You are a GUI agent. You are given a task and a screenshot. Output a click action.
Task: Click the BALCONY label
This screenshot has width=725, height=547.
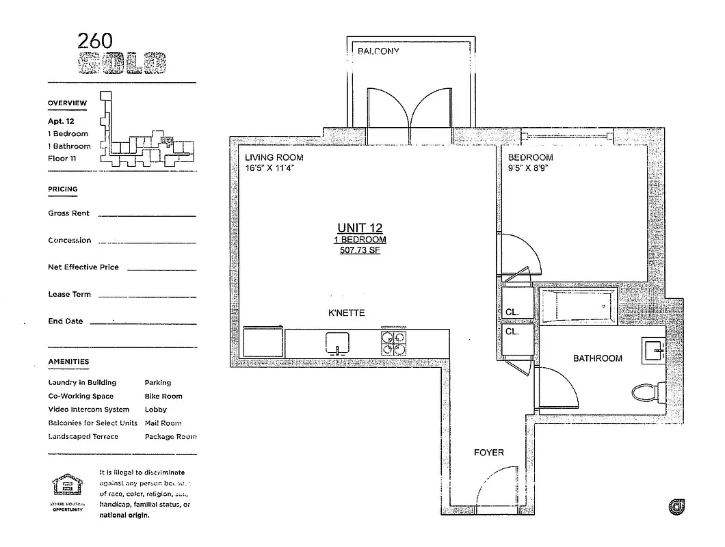click(378, 51)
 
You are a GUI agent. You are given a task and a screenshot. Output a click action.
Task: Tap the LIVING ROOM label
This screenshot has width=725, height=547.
click(274, 157)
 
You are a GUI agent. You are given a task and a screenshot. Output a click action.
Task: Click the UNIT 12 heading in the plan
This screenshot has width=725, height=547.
click(360, 228)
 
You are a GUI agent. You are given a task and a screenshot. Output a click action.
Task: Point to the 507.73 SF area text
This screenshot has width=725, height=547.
click(360, 251)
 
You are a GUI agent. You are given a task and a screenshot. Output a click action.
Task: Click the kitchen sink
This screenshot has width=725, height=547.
click(338, 343)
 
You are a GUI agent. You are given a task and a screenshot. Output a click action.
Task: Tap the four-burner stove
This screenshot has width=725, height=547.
click(393, 343)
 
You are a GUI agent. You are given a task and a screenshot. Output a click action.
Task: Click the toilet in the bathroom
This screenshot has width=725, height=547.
click(646, 392)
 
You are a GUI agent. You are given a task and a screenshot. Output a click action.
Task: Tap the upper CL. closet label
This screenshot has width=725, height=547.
click(512, 312)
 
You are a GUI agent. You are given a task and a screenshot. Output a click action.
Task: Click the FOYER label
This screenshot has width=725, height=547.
click(489, 453)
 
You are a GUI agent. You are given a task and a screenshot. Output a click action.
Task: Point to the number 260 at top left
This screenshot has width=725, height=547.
click(96, 41)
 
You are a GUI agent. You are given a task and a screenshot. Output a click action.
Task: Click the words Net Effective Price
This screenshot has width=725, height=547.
click(83, 267)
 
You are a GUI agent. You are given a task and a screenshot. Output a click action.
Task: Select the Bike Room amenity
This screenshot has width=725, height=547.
click(163, 396)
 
